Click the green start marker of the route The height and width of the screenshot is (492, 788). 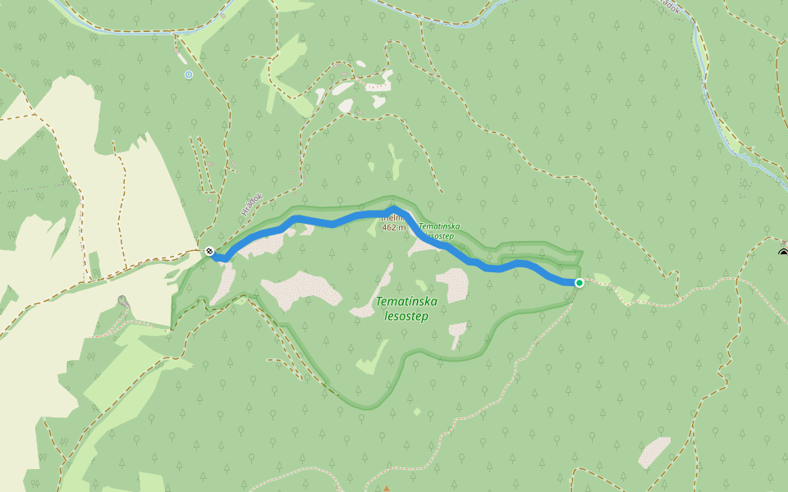click(580, 283)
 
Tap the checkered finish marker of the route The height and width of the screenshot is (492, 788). click(209, 251)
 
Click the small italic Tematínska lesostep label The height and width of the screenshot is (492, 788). click(439, 230)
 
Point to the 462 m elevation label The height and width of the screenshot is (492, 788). click(394, 227)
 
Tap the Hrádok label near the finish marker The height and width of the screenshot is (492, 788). click(251, 204)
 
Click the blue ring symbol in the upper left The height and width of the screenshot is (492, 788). click(189, 75)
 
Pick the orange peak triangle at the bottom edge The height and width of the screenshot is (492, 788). click(386, 489)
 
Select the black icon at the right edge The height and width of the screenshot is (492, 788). click(783, 251)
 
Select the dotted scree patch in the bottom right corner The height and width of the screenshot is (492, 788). click(654, 452)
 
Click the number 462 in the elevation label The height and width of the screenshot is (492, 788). click(389, 227)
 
